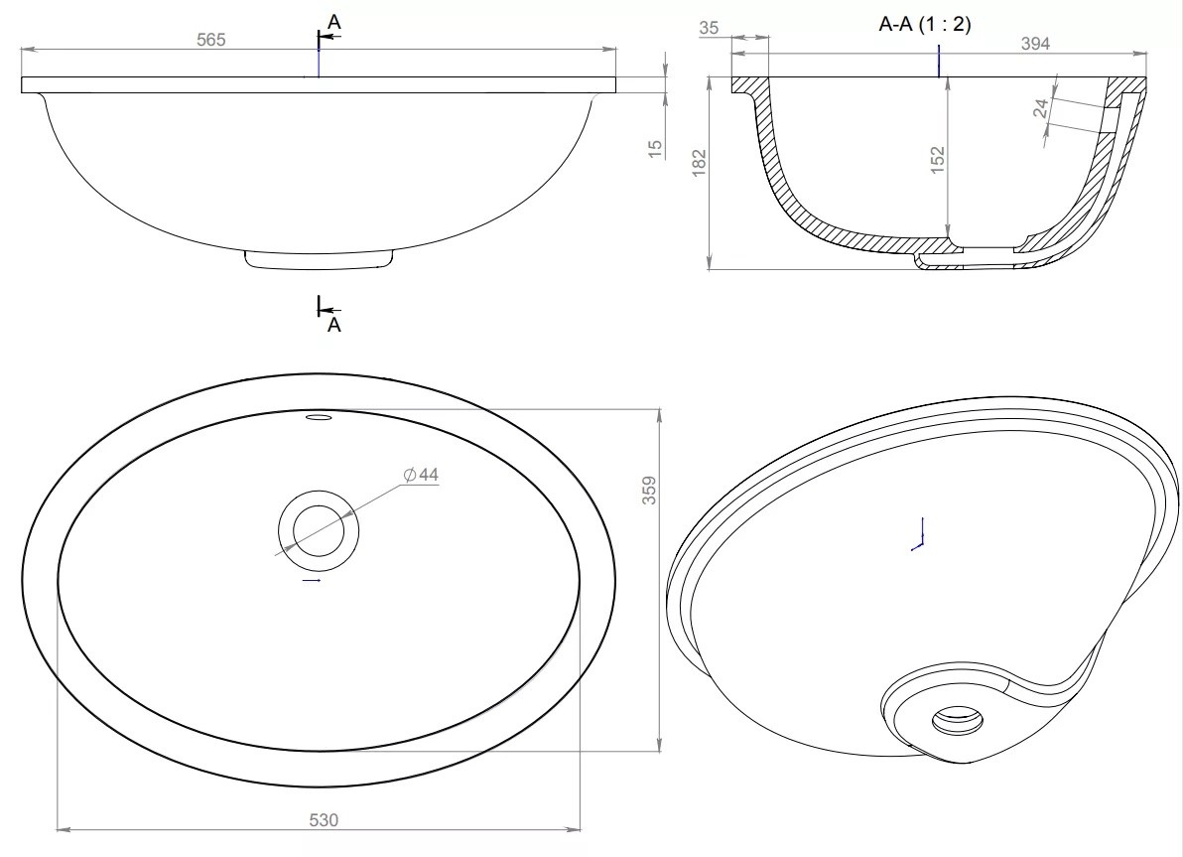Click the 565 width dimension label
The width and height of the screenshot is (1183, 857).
(210, 40)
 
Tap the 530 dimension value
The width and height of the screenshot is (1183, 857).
(323, 820)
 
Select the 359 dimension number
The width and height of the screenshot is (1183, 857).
(649, 490)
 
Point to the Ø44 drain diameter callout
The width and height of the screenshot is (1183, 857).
(421, 475)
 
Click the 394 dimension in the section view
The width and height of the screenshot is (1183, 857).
(1035, 44)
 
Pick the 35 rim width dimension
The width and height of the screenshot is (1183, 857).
(710, 28)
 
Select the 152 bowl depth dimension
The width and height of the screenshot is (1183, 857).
(937, 160)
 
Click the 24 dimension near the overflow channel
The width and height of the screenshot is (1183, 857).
(1040, 108)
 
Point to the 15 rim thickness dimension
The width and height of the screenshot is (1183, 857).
(655, 149)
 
